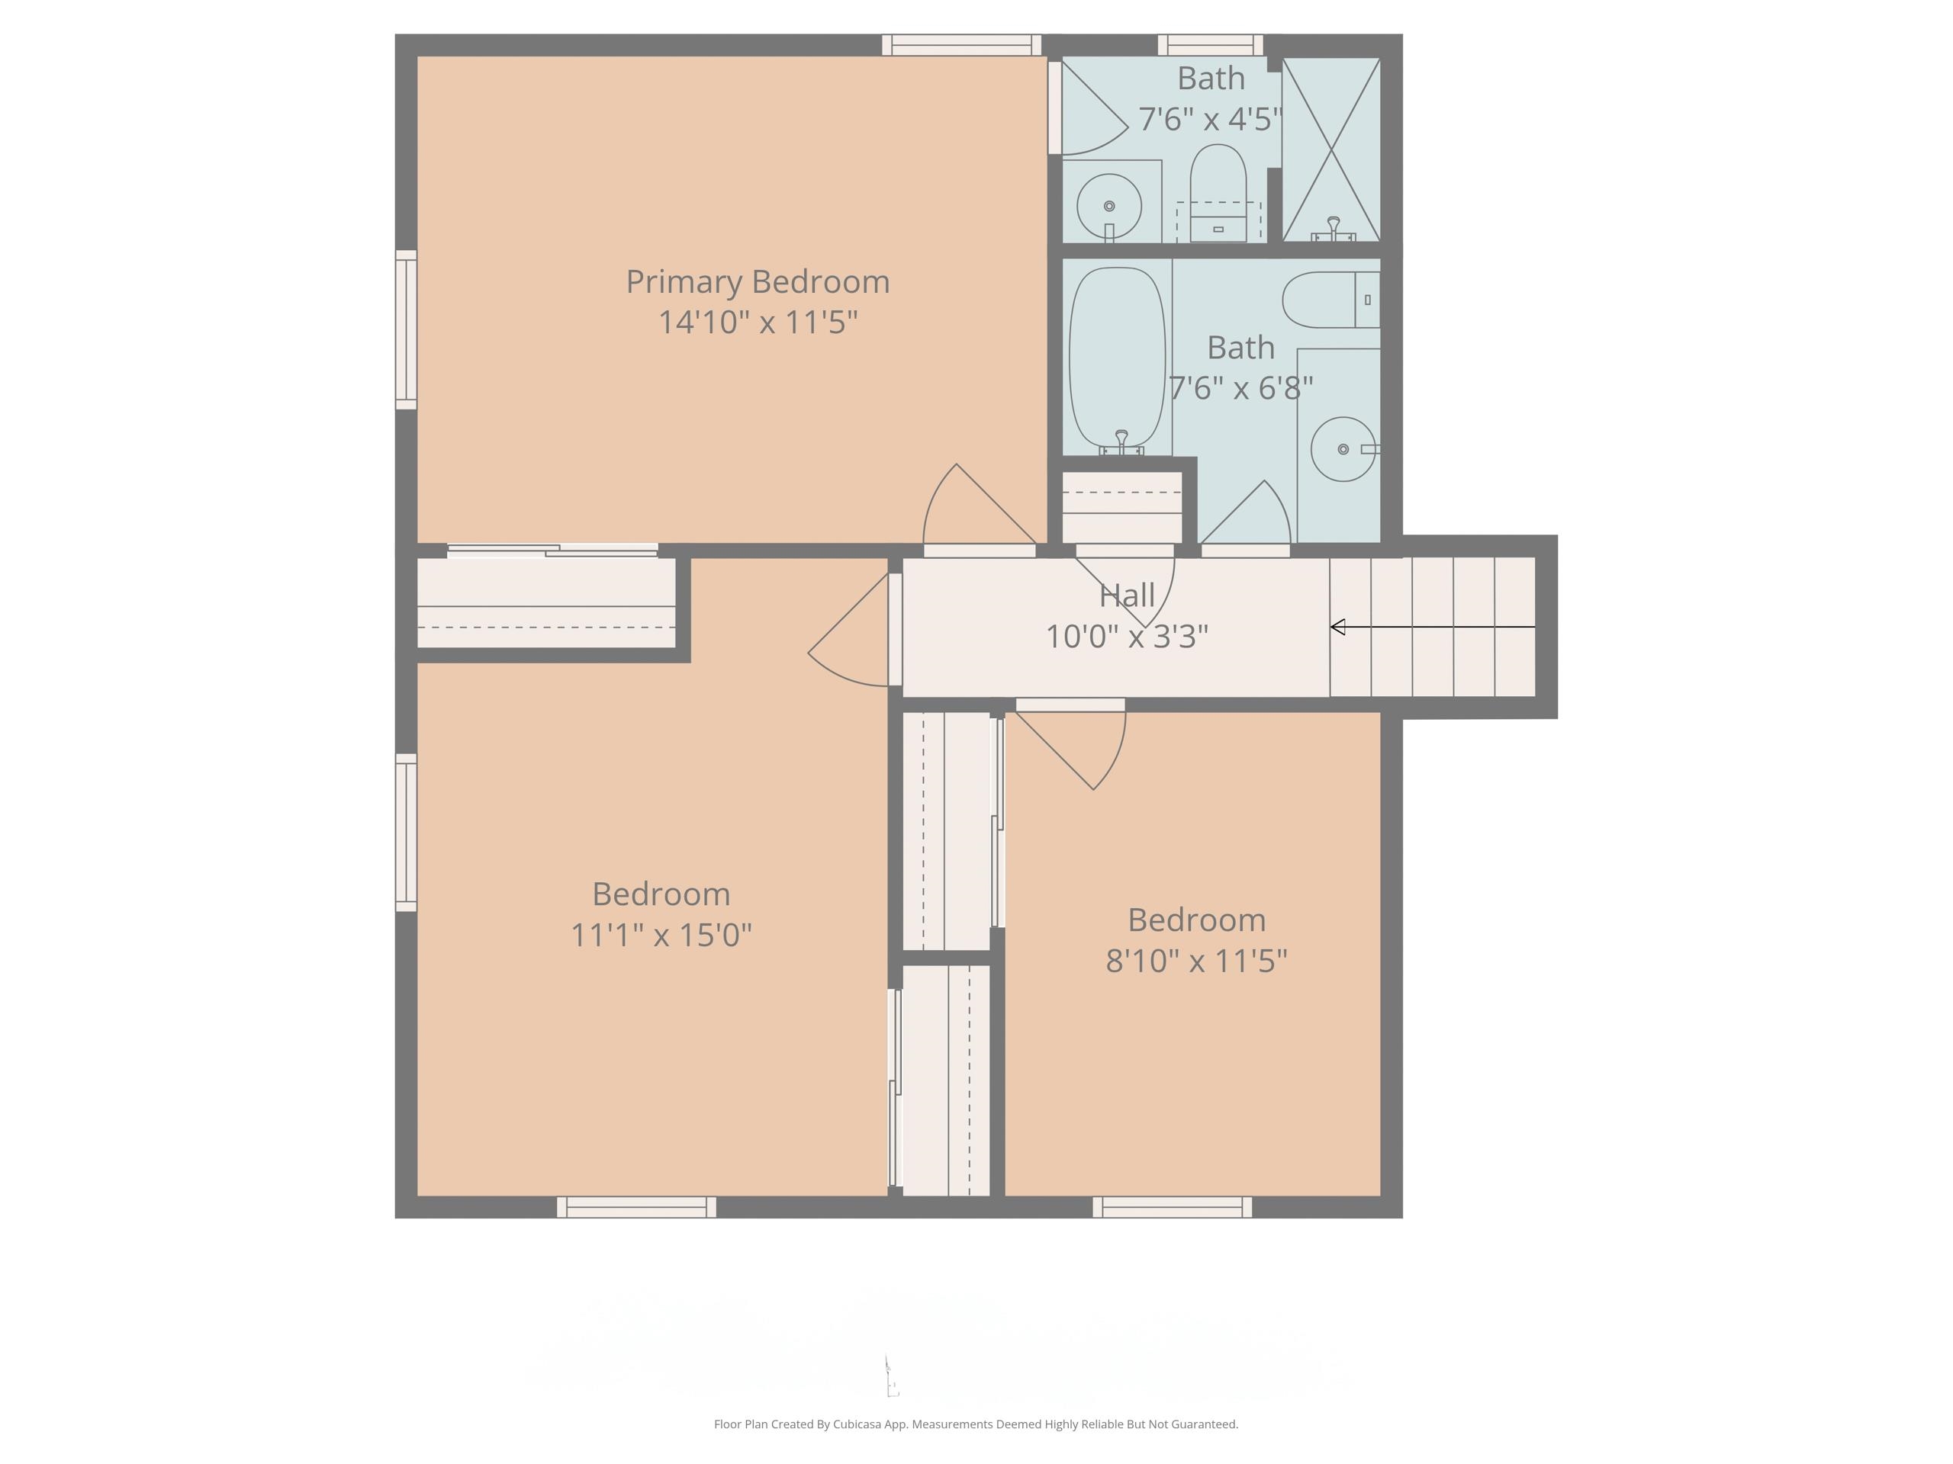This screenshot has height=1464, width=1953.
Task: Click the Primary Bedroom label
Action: point(758,282)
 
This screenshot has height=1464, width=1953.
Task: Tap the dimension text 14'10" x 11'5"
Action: point(758,322)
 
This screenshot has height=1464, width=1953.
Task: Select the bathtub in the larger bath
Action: point(1117,358)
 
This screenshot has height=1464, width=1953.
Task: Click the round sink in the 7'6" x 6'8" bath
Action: point(1342,449)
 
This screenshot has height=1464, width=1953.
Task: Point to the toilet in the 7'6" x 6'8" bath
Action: point(1329,300)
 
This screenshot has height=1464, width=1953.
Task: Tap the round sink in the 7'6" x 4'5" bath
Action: point(1109,207)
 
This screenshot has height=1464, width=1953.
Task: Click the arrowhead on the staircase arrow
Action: point(1337,628)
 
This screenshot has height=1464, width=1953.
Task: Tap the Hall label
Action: point(1127,596)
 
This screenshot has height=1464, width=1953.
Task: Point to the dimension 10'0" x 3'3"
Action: point(1127,636)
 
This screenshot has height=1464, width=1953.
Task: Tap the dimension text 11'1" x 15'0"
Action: point(661,935)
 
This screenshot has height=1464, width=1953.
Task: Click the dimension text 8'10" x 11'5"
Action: point(1196,961)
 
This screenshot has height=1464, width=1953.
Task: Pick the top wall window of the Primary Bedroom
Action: point(961,45)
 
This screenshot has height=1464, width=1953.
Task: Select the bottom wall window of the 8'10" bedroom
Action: point(1172,1206)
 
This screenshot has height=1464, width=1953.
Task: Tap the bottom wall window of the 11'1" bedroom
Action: point(635,1206)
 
